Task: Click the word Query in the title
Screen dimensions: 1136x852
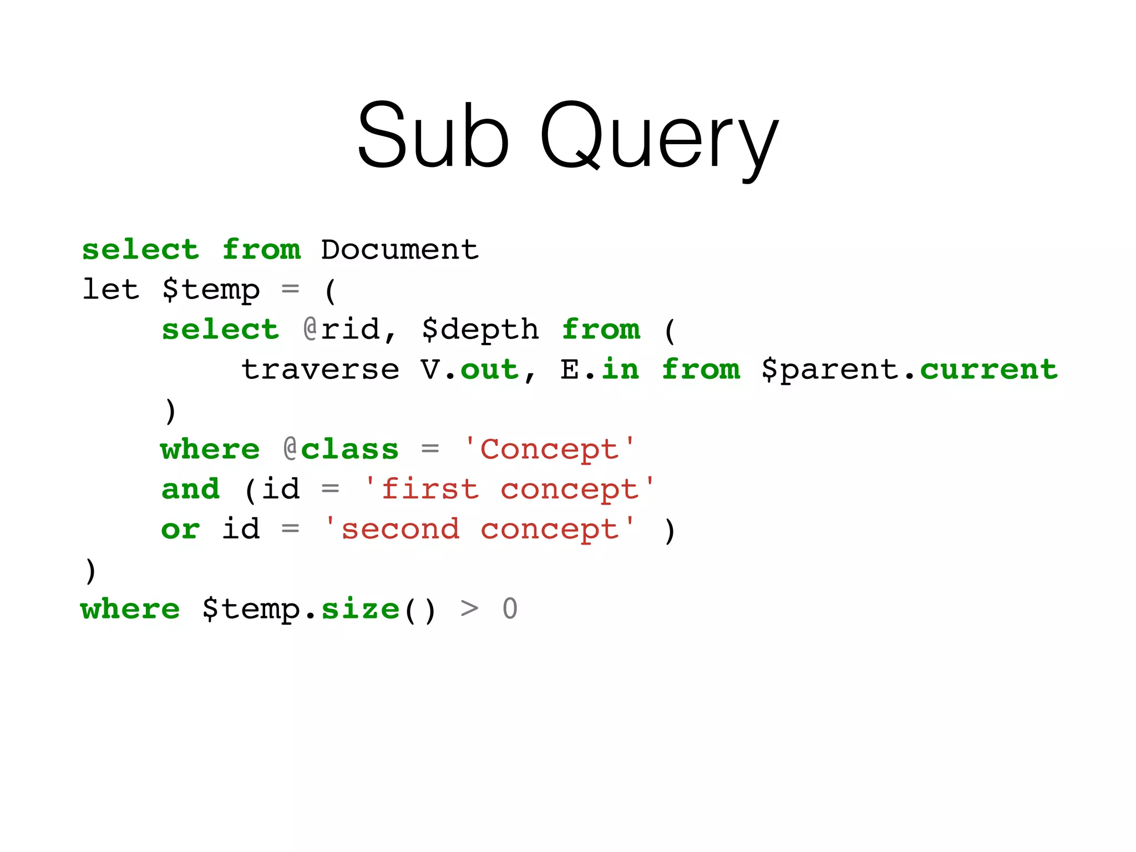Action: pyautogui.click(x=659, y=139)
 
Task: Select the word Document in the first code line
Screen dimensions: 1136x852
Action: pyautogui.click(x=399, y=250)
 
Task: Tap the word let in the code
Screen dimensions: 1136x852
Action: pyautogui.click(x=110, y=290)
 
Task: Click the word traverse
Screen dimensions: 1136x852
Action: pyautogui.click(x=320, y=370)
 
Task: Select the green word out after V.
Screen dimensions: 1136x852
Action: pyautogui.click(x=489, y=370)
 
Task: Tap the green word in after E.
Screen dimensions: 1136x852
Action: pyautogui.click(x=621, y=369)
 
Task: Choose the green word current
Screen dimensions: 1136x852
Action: pyautogui.click(x=989, y=370)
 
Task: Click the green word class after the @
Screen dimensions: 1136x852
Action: pyautogui.click(x=349, y=449)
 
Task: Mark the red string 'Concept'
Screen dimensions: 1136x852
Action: pyautogui.click(x=550, y=450)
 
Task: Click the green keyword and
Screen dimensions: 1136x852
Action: pyautogui.click(x=191, y=489)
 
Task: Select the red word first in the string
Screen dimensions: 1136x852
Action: pyautogui.click(x=430, y=489)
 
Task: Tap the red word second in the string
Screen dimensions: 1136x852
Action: pyautogui.click(x=400, y=529)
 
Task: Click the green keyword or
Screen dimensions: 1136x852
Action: pyautogui.click(x=180, y=530)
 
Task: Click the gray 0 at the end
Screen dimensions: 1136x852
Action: pyautogui.click(x=510, y=609)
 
